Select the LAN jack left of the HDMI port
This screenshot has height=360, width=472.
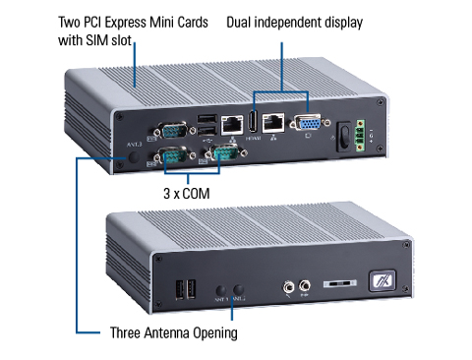tap(232, 125)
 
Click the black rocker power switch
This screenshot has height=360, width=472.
tap(346, 134)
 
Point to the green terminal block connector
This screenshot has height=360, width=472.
tap(367, 136)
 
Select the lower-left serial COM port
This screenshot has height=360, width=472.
tap(174, 156)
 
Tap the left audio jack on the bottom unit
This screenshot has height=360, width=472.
tap(288, 287)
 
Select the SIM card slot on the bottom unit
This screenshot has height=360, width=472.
tap(336, 283)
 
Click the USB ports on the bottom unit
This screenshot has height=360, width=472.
tap(183, 289)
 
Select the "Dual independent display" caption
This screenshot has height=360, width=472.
tap(292, 22)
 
